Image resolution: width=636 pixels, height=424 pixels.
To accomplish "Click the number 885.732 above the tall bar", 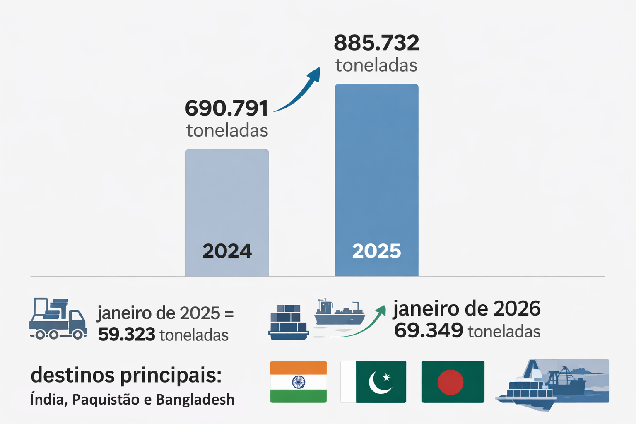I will tap(376, 43).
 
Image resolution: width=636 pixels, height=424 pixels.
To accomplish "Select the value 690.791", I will tap(226, 108).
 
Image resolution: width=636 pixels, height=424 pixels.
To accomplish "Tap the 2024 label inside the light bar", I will tap(227, 251).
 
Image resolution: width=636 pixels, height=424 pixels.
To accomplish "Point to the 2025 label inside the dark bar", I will tap(376, 251).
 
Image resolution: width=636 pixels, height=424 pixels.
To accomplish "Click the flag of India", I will tap(298, 382).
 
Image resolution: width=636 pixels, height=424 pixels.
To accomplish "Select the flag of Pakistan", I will tap(373, 382).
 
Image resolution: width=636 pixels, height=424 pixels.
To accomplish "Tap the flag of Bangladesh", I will tap(453, 382).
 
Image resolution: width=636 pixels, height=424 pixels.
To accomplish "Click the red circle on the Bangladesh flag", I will tap(450, 382).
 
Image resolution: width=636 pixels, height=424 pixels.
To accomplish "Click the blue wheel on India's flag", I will tap(298, 382).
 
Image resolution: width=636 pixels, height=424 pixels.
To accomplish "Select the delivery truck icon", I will tap(58, 319).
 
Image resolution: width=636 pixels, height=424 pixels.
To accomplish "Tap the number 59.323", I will tap(126, 335).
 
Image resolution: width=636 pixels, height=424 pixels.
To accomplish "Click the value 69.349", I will tap(428, 330).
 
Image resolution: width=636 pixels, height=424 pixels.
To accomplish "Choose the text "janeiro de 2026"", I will tap(466, 309).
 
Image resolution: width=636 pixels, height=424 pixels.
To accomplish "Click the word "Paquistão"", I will tap(106, 400).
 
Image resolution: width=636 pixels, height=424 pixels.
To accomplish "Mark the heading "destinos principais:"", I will tap(126, 376).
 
